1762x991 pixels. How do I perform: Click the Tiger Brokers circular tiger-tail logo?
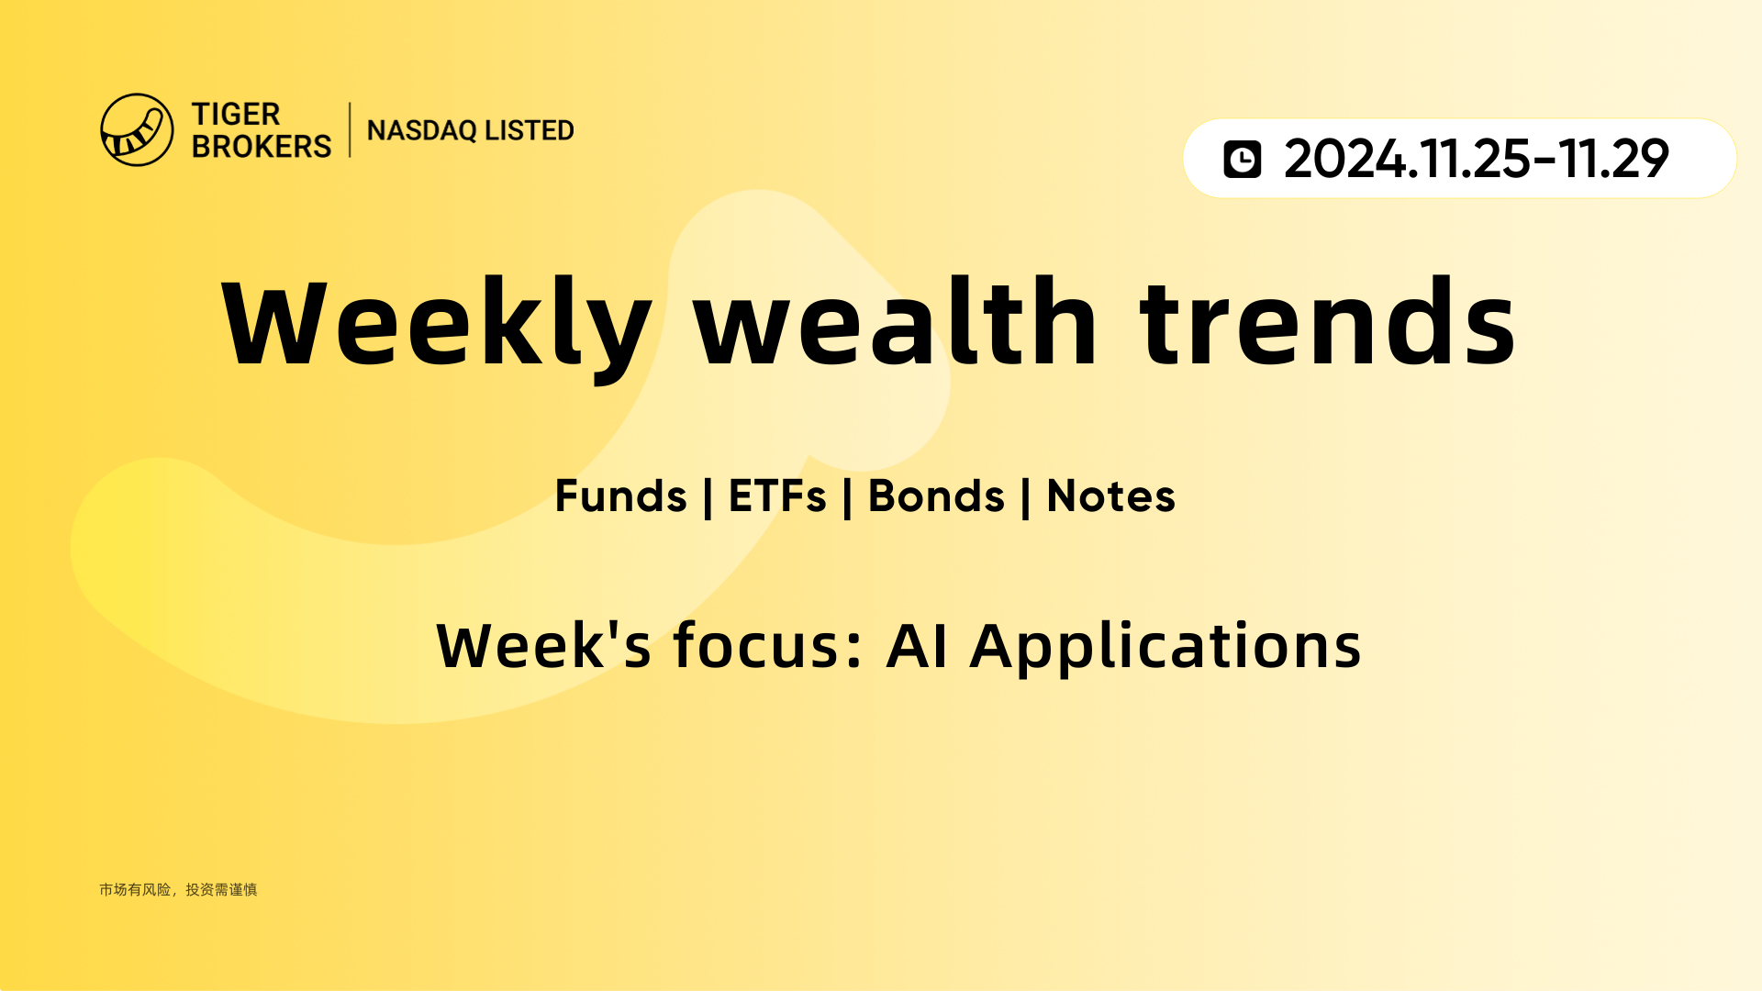tap(137, 129)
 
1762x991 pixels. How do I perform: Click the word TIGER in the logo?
tap(236, 115)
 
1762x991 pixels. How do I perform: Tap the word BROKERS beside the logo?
tap(262, 146)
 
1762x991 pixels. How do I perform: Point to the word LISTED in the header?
tap(530, 130)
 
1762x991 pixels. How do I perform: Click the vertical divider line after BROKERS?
tap(350, 129)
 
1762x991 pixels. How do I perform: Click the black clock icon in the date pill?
tap(1243, 159)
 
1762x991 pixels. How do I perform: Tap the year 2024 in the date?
tap(1344, 159)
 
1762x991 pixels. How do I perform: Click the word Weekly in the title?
tap(437, 327)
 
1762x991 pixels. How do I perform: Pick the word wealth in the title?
tap(896, 321)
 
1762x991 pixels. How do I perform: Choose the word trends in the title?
tap(1328, 321)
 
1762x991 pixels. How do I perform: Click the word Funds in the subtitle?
tap(621, 496)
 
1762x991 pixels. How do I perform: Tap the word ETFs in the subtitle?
tap(777, 496)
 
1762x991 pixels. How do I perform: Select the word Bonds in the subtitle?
tap(936, 496)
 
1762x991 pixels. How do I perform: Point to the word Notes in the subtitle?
tap(1110, 496)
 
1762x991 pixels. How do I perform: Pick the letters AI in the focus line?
tap(917, 646)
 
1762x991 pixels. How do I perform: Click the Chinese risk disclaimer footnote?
tap(178, 889)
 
